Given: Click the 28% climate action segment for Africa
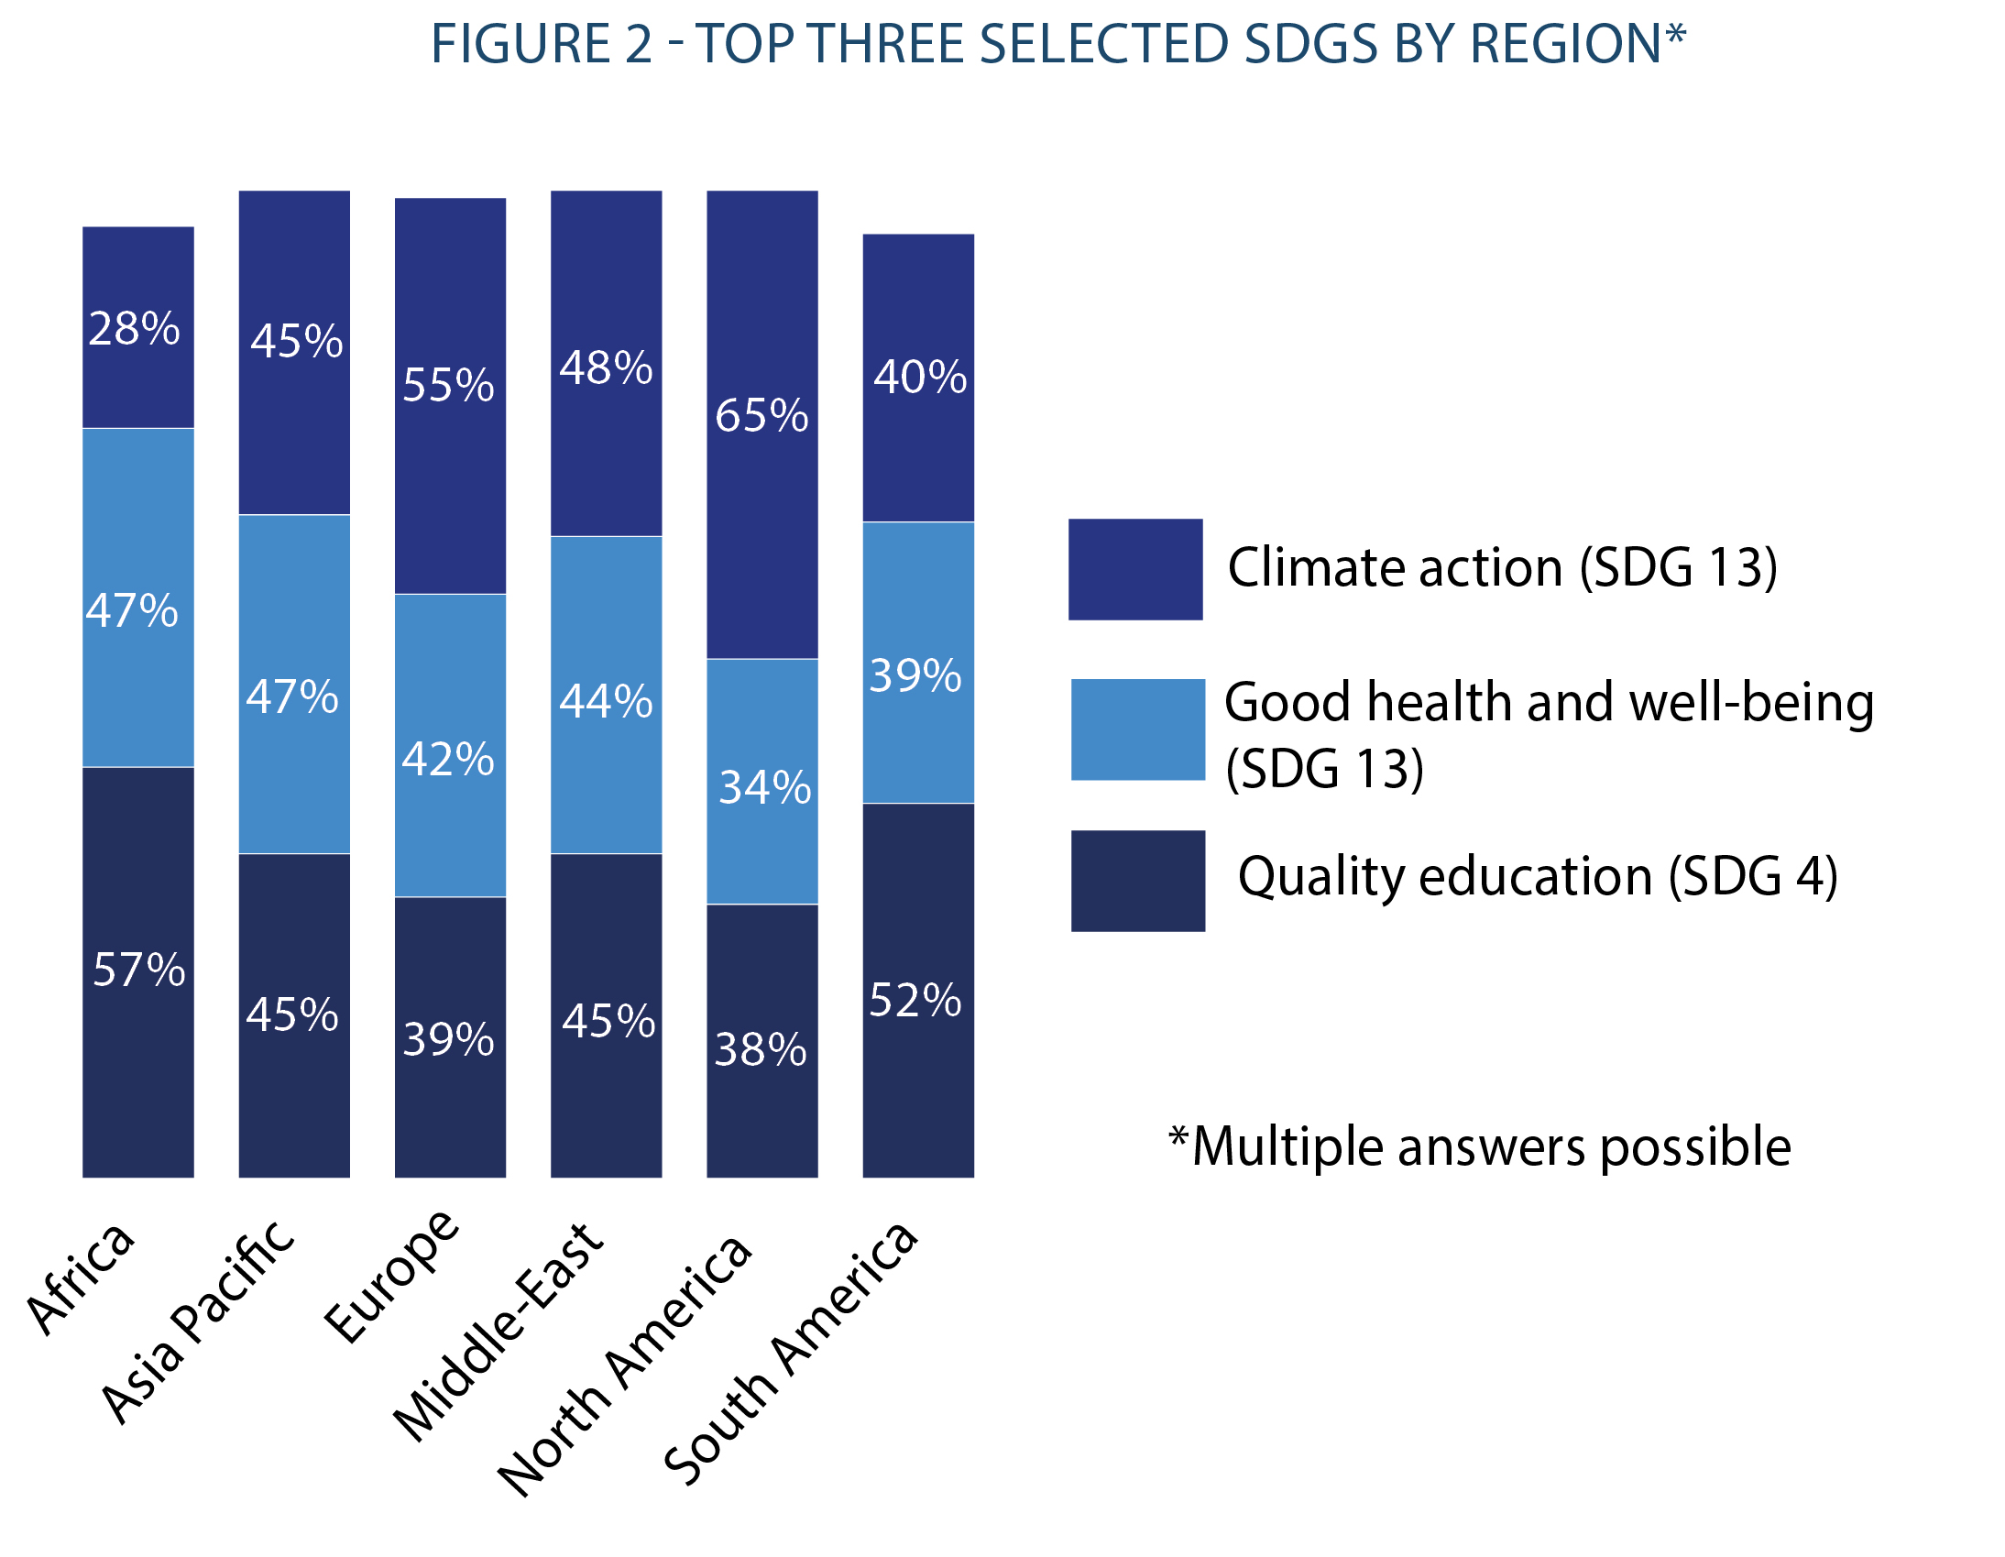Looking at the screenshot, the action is [137, 327].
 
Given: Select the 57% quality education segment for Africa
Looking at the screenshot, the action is [137, 971].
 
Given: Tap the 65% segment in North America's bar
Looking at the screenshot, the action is [762, 424].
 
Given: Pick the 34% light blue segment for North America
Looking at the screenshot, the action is [762, 782].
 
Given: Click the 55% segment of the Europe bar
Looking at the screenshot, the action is [450, 396].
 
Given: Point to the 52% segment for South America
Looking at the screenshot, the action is [918, 990].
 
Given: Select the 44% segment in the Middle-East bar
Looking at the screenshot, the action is [606, 695].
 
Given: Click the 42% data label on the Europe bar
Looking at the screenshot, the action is [448, 759].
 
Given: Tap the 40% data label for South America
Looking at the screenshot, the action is [920, 377].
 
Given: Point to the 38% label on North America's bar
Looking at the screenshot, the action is [761, 1049].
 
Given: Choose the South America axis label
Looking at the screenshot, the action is [790, 1354].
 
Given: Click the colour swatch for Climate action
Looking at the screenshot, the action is [1135, 569].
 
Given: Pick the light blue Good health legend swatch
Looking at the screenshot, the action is [1137, 729].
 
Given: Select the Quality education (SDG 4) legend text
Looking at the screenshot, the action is [1538, 876].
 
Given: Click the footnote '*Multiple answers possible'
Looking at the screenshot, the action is [1480, 1146].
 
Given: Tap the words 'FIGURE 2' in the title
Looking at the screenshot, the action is [542, 43].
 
